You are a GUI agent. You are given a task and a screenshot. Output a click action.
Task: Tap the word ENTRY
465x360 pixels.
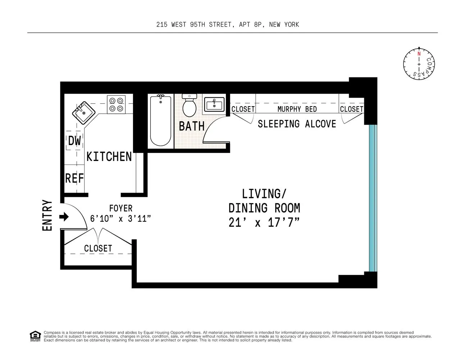click(47, 215)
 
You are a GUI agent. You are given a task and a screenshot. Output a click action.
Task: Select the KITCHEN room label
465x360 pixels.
click(109, 157)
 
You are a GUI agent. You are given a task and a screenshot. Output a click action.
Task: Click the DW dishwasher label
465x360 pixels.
click(74, 141)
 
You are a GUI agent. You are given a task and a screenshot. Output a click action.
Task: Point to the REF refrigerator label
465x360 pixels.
click(74, 178)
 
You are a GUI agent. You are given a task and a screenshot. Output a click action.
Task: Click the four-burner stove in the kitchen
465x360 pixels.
click(117, 104)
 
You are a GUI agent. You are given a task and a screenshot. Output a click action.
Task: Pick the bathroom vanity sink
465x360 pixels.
click(214, 104)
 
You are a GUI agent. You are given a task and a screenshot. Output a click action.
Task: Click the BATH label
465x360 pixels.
click(192, 126)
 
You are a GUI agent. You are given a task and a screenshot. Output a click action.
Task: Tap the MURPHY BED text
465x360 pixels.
click(297, 109)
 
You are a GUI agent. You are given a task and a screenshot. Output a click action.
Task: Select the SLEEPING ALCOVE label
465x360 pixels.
click(297, 124)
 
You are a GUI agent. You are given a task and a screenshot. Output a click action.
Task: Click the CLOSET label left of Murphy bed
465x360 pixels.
click(243, 109)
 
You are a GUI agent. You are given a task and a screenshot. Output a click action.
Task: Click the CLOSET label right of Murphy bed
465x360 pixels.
click(351, 109)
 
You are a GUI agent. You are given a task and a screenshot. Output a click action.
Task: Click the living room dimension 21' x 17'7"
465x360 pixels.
click(264, 223)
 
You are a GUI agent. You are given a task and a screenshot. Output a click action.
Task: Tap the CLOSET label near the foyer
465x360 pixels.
click(98, 248)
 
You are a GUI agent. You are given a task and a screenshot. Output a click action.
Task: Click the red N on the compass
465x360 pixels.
click(419, 54)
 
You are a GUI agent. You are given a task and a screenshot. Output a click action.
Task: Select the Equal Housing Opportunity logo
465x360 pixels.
click(34, 336)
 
